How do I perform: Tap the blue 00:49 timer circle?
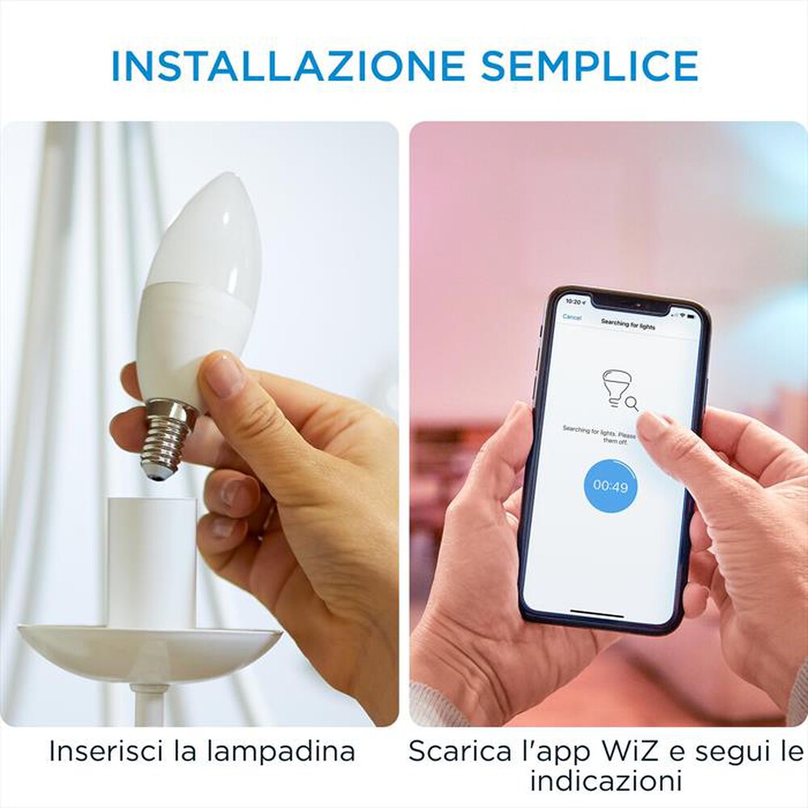[610, 486]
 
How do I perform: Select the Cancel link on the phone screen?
[572, 318]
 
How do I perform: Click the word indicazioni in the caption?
[606, 781]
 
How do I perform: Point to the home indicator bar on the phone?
[597, 612]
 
